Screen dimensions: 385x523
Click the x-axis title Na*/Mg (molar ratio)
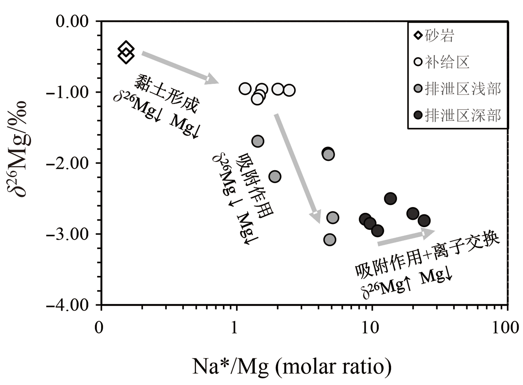tap(292, 366)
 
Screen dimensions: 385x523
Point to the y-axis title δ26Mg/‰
tap(21, 148)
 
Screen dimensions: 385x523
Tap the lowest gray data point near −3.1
tap(329, 240)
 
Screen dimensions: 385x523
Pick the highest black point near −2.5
tap(391, 199)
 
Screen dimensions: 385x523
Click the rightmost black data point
tap(424, 221)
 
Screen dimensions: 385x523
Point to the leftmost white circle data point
tap(245, 89)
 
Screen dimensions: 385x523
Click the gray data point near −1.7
tap(258, 141)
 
